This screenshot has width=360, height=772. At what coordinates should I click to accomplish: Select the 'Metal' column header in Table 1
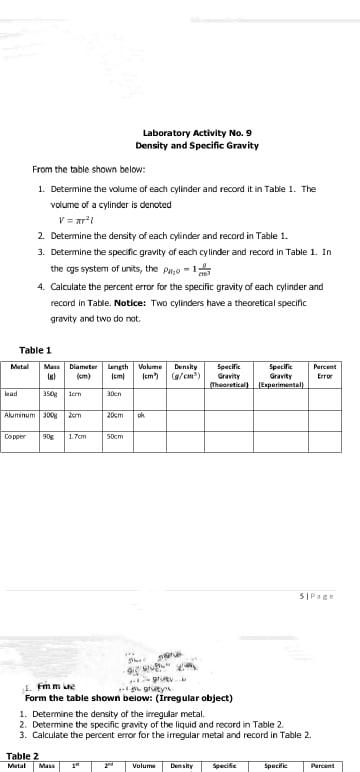[19, 366]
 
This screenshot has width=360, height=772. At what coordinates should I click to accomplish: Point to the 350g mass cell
[49, 394]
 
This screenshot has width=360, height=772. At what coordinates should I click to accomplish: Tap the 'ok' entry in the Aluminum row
[141, 413]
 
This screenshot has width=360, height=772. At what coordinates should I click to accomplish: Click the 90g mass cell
[47, 435]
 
